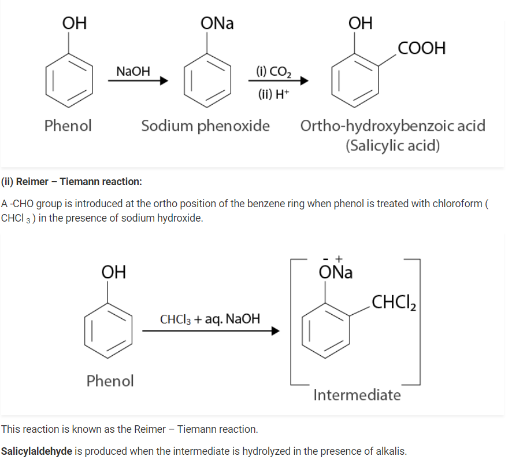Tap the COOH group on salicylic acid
click(422, 47)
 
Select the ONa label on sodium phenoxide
click(217, 24)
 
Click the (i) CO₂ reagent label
click(273, 72)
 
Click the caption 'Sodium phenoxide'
click(206, 126)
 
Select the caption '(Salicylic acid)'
click(392, 145)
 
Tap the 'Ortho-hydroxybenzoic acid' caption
click(392, 126)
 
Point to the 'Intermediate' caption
click(357, 395)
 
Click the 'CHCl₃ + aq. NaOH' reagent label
click(210, 319)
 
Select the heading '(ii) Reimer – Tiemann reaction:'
click(71, 182)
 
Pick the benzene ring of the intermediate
click(327, 328)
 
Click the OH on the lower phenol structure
click(113, 272)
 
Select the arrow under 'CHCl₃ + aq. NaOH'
click(210, 332)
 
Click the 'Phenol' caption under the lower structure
click(110, 381)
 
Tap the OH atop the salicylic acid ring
click(361, 24)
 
